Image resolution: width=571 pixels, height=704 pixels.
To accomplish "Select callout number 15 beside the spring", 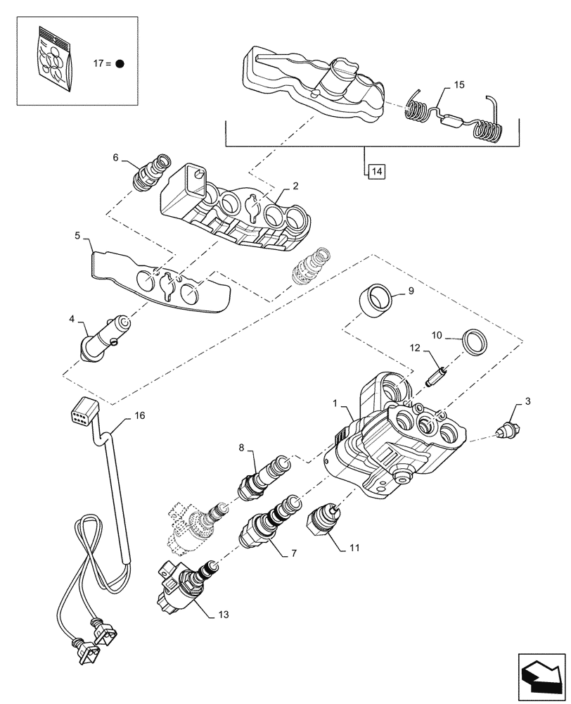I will (458, 85).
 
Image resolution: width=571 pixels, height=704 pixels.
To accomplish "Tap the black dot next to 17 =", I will (120, 63).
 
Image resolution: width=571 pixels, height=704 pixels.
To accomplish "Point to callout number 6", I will (115, 159).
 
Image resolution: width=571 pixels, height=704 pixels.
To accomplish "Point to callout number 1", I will (337, 406).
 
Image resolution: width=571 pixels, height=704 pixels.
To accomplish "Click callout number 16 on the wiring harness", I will (139, 416).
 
